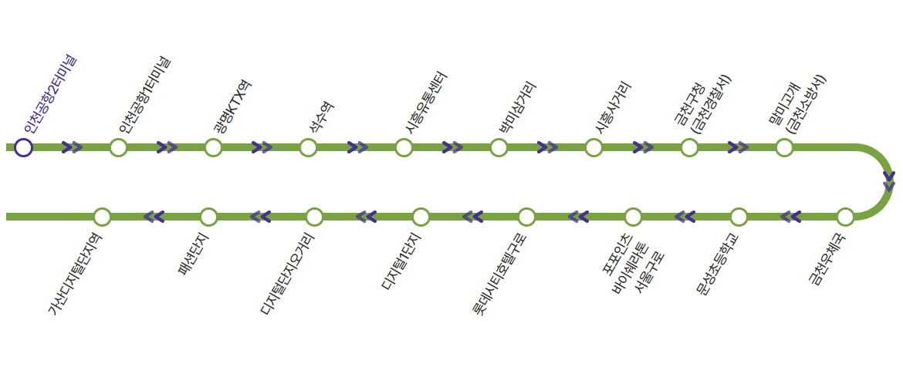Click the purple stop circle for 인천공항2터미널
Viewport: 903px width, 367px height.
click(23, 147)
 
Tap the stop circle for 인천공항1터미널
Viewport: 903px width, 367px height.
click(118, 147)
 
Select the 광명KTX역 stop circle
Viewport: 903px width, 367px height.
click(213, 147)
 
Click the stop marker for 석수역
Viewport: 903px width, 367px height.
click(308, 147)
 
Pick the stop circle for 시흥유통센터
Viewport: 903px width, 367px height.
click(404, 147)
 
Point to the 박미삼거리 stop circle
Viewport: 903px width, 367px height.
click(499, 147)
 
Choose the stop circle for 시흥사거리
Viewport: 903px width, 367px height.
click(594, 147)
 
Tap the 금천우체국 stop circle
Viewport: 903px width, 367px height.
click(845, 217)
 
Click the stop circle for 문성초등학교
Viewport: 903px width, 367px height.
click(739, 217)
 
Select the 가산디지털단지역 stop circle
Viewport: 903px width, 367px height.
click(102, 217)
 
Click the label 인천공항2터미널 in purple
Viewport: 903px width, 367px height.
click(50, 93)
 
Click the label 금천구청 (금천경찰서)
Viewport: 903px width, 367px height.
click(703, 104)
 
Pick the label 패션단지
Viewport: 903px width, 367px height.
click(194, 254)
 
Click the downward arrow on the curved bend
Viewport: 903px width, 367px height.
click(889, 181)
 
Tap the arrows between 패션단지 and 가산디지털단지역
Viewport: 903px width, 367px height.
click(154, 217)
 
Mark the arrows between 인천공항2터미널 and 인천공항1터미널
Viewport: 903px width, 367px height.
click(72, 147)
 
